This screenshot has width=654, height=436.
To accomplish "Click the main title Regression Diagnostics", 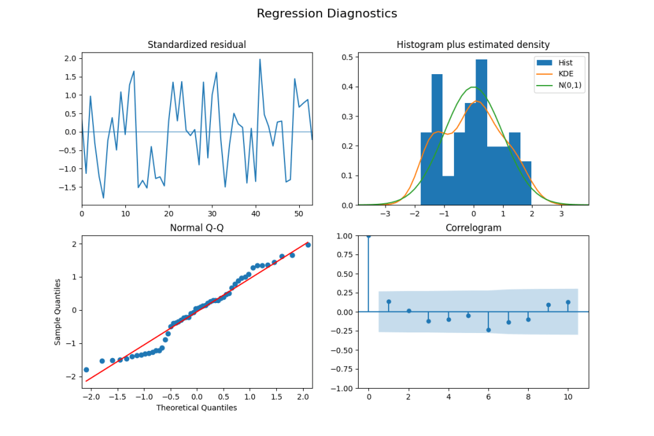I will click(x=327, y=13).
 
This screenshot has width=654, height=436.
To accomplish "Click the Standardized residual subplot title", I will click(x=197, y=45).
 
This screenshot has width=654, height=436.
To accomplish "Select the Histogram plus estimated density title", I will click(x=473, y=45).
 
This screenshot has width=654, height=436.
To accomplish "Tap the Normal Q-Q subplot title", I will click(x=197, y=228).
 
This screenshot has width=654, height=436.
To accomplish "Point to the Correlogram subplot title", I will click(x=473, y=228).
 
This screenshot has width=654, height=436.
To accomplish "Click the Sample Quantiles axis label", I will click(x=58, y=311).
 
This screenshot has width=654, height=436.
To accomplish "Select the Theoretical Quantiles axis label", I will click(x=197, y=407).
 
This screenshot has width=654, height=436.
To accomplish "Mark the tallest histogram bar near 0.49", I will click(x=481, y=128).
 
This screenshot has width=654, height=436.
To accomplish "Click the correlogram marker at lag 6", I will click(x=488, y=330).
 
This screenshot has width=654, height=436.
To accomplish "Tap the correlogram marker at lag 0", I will click(x=368, y=235).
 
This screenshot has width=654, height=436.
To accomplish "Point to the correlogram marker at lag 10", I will click(x=568, y=302).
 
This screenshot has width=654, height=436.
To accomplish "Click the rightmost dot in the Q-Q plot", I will click(x=308, y=245).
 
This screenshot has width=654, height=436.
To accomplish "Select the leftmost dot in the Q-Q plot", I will click(x=86, y=370).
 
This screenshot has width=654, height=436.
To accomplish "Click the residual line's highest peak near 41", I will click(x=260, y=59).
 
